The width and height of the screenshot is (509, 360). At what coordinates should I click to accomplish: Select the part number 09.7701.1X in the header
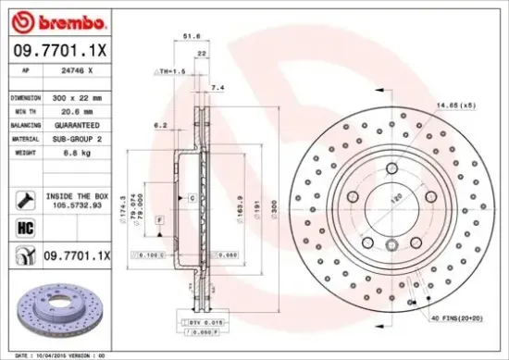(x=59, y=54)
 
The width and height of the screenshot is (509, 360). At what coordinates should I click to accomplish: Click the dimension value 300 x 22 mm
(x=76, y=96)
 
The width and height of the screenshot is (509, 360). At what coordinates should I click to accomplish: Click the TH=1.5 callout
(x=172, y=71)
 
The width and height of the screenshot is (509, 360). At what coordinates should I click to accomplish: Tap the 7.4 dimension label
(x=217, y=87)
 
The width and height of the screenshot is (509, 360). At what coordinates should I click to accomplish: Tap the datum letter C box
(x=192, y=198)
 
